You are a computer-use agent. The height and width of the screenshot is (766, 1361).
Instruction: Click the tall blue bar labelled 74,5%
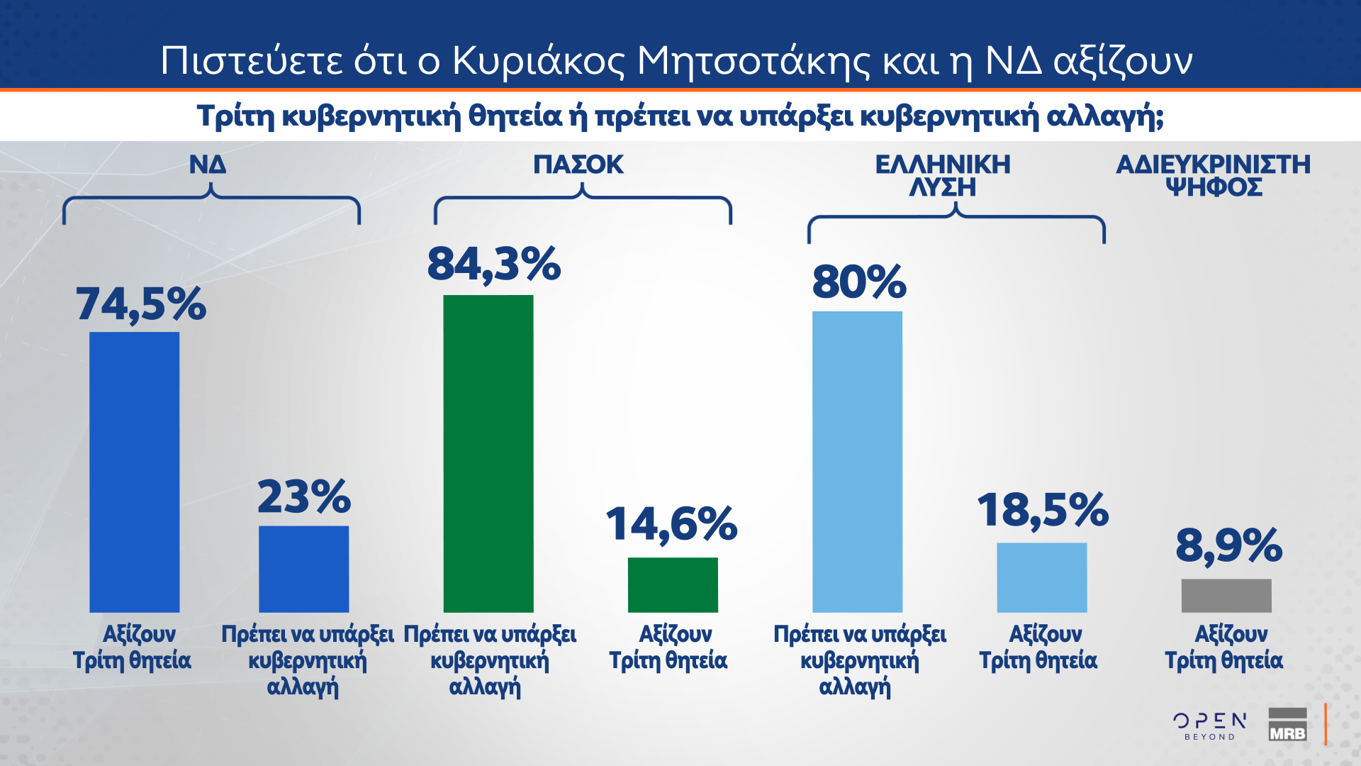(x=134, y=472)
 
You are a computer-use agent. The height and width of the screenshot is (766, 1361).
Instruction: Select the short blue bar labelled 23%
(x=303, y=569)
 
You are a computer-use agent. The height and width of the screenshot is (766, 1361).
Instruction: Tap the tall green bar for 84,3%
(x=488, y=453)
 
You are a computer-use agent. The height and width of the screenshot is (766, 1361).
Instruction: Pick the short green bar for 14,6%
(x=673, y=584)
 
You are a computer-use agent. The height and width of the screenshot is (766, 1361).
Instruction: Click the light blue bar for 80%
(x=857, y=462)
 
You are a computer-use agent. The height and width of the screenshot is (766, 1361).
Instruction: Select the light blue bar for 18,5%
(x=1041, y=577)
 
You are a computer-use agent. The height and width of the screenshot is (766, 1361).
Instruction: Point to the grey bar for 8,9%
(x=1226, y=595)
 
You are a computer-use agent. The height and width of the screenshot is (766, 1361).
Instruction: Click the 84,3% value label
(x=494, y=265)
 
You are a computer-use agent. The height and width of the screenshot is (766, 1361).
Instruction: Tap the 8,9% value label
(x=1229, y=545)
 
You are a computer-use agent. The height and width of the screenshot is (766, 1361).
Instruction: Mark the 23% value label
(x=304, y=496)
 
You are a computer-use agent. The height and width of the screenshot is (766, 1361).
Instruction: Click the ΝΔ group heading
(x=208, y=165)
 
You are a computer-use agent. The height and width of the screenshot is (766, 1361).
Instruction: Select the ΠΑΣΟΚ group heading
(x=578, y=165)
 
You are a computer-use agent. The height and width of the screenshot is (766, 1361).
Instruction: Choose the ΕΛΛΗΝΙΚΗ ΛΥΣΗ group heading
(x=943, y=176)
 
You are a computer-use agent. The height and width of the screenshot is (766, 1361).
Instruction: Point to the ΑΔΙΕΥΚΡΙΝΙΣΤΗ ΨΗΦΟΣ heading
(x=1214, y=176)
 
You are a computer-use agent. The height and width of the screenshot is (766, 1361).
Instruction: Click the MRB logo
(x=1287, y=725)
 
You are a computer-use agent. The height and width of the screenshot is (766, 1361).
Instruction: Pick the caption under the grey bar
(x=1224, y=647)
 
